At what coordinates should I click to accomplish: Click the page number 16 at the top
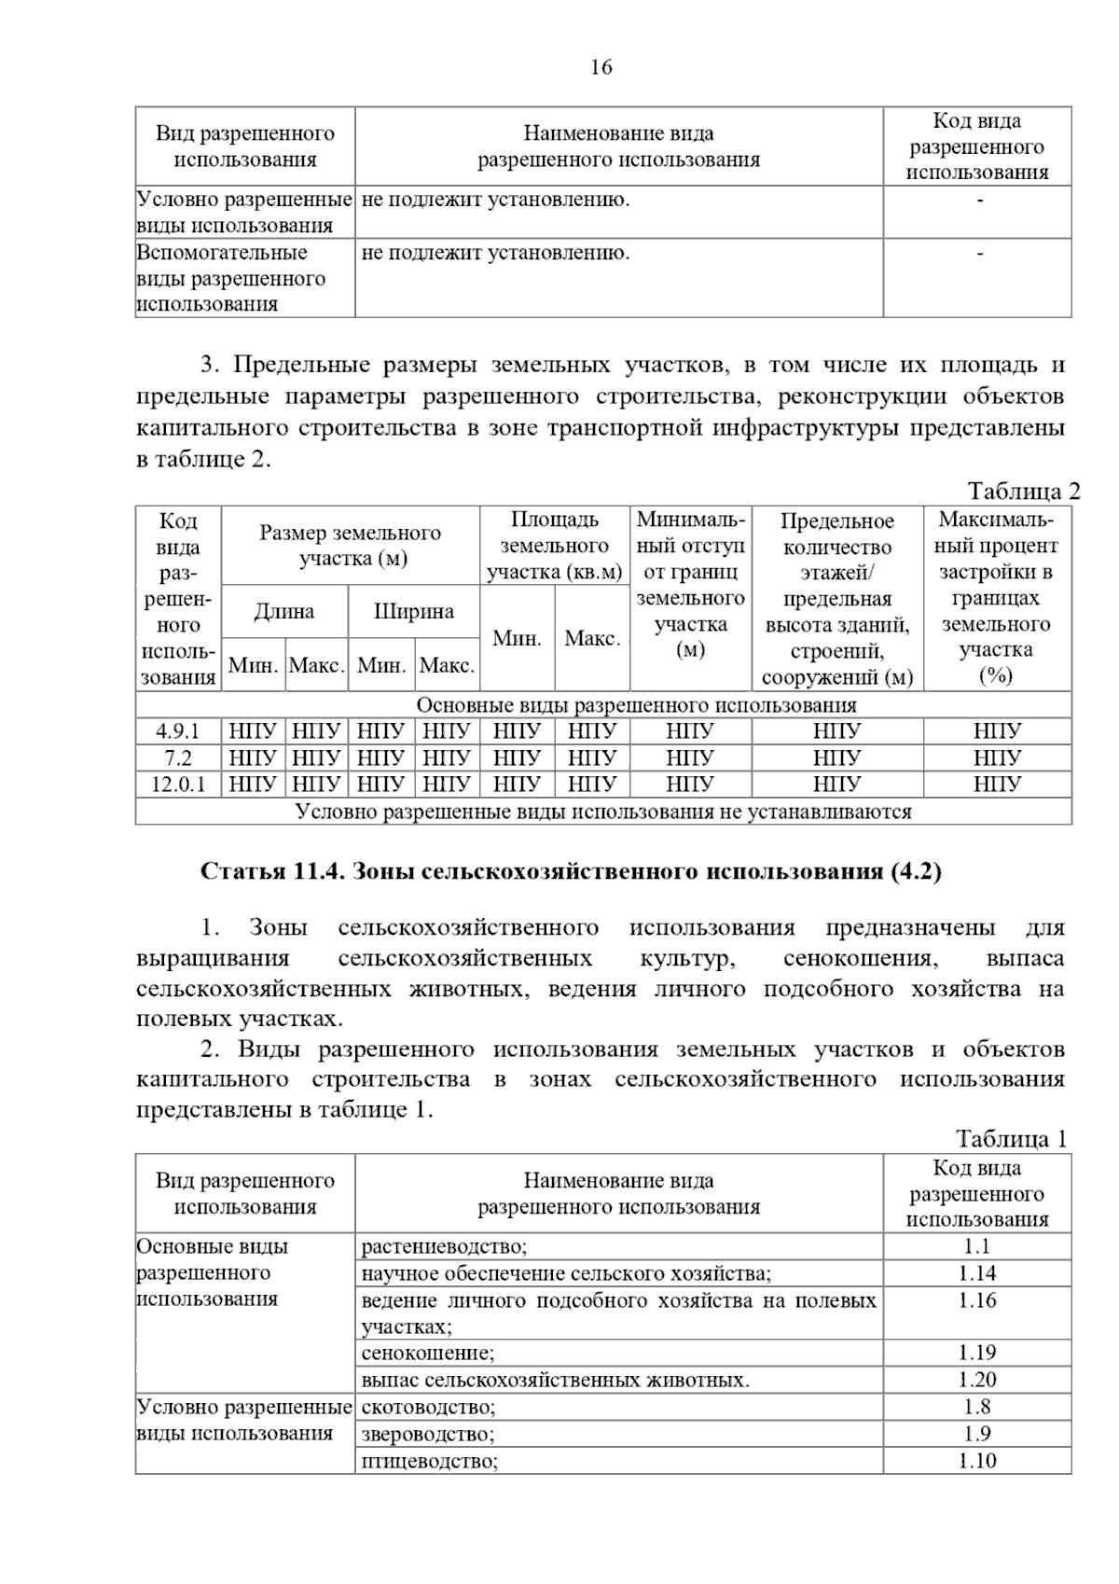click(601, 67)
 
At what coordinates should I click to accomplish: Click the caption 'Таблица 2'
click(1023, 492)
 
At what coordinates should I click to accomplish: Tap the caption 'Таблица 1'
click(1011, 1139)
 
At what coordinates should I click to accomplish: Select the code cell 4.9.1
click(177, 730)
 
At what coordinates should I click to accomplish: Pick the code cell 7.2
click(177, 757)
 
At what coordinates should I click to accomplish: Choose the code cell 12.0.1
click(177, 785)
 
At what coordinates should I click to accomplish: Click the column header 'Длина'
click(284, 612)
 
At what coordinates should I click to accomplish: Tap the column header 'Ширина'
click(413, 612)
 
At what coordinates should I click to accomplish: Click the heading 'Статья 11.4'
click(571, 871)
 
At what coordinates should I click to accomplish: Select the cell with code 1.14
click(976, 1273)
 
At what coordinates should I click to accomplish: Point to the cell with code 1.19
click(976, 1353)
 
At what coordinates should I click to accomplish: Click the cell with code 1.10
click(976, 1461)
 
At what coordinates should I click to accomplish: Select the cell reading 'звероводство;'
click(428, 1435)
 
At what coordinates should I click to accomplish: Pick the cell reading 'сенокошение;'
click(428, 1353)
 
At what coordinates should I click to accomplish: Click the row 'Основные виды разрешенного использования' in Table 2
click(602, 705)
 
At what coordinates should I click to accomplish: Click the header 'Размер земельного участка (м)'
click(350, 546)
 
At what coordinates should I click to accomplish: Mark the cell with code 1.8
click(976, 1407)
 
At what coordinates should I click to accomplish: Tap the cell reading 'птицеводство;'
click(430, 1461)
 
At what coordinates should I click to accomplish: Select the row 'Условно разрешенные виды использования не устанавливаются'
click(602, 812)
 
